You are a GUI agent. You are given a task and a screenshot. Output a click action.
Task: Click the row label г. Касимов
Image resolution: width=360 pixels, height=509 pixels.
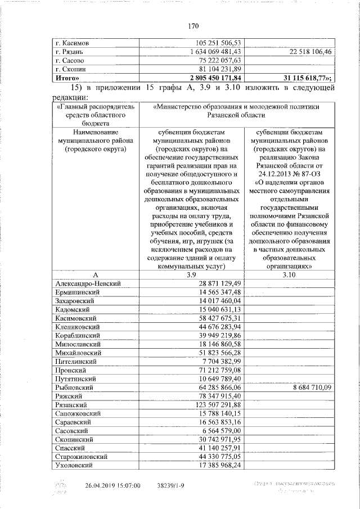[73, 43]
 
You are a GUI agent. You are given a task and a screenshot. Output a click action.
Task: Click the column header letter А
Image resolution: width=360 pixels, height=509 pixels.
[96, 274]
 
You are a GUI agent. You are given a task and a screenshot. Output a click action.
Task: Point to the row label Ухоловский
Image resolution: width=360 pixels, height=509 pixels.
[76, 466]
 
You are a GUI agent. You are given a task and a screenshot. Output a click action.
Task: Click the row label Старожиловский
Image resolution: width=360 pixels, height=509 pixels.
[82, 457]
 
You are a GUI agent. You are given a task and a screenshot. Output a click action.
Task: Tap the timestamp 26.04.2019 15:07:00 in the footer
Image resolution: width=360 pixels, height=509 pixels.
[112, 485]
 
